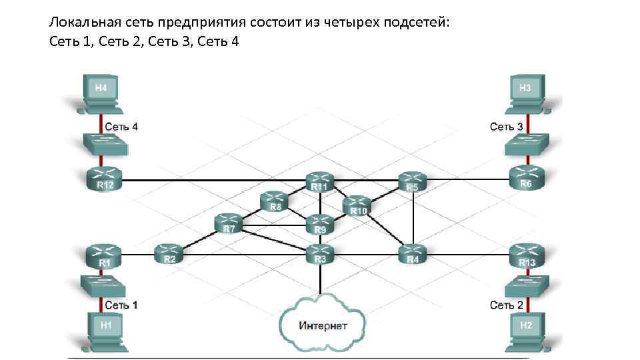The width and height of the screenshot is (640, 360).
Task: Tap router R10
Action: coord(359,205)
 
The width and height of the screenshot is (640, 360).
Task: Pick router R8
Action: coord(275,201)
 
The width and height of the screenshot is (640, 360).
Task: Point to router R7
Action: coord(229,223)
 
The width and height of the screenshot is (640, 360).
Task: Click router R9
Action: coord(320,225)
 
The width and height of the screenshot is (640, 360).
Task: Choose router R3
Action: coord(320,253)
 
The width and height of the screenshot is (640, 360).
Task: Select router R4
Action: coord(413,253)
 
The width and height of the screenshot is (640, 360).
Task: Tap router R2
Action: coord(169,253)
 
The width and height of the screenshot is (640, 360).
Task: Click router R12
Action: coord(105,178)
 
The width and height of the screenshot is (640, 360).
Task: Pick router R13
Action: coord(527,255)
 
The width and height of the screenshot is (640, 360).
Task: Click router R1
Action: coord(105,256)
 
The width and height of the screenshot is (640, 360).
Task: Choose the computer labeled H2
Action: coord(526,329)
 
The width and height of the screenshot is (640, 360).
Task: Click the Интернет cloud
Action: coord(323,325)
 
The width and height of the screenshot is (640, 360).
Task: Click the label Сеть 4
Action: coord(121,126)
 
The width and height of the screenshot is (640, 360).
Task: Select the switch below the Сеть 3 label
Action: coord(525,144)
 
